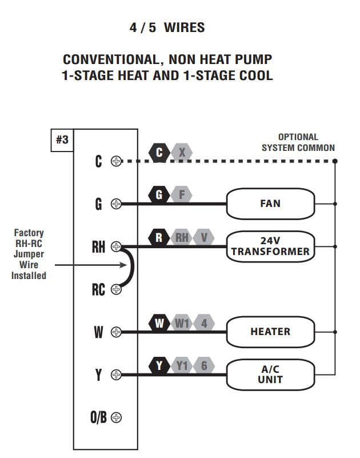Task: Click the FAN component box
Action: [270, 204]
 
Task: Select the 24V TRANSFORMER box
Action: [270, 246]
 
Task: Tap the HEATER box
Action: [270, 332]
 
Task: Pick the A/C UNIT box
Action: [270, 375]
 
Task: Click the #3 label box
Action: [62, 140]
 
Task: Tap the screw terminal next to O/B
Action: [116, 417]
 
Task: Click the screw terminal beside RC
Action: [116, 289]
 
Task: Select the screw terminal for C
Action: [116, 161]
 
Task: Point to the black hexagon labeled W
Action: [159, 324]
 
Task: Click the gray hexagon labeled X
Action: [182, 152]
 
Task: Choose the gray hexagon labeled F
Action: [182, 195]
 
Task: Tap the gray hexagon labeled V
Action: [204, 237]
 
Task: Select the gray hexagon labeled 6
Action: [204, 366]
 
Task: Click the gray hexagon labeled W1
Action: [182, 324]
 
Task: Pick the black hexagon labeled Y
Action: [159, 366]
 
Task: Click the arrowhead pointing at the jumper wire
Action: [124, 265]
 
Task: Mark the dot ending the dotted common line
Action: [335, 161]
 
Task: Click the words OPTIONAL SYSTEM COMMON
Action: [298, 142]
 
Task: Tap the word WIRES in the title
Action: [184, 27]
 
